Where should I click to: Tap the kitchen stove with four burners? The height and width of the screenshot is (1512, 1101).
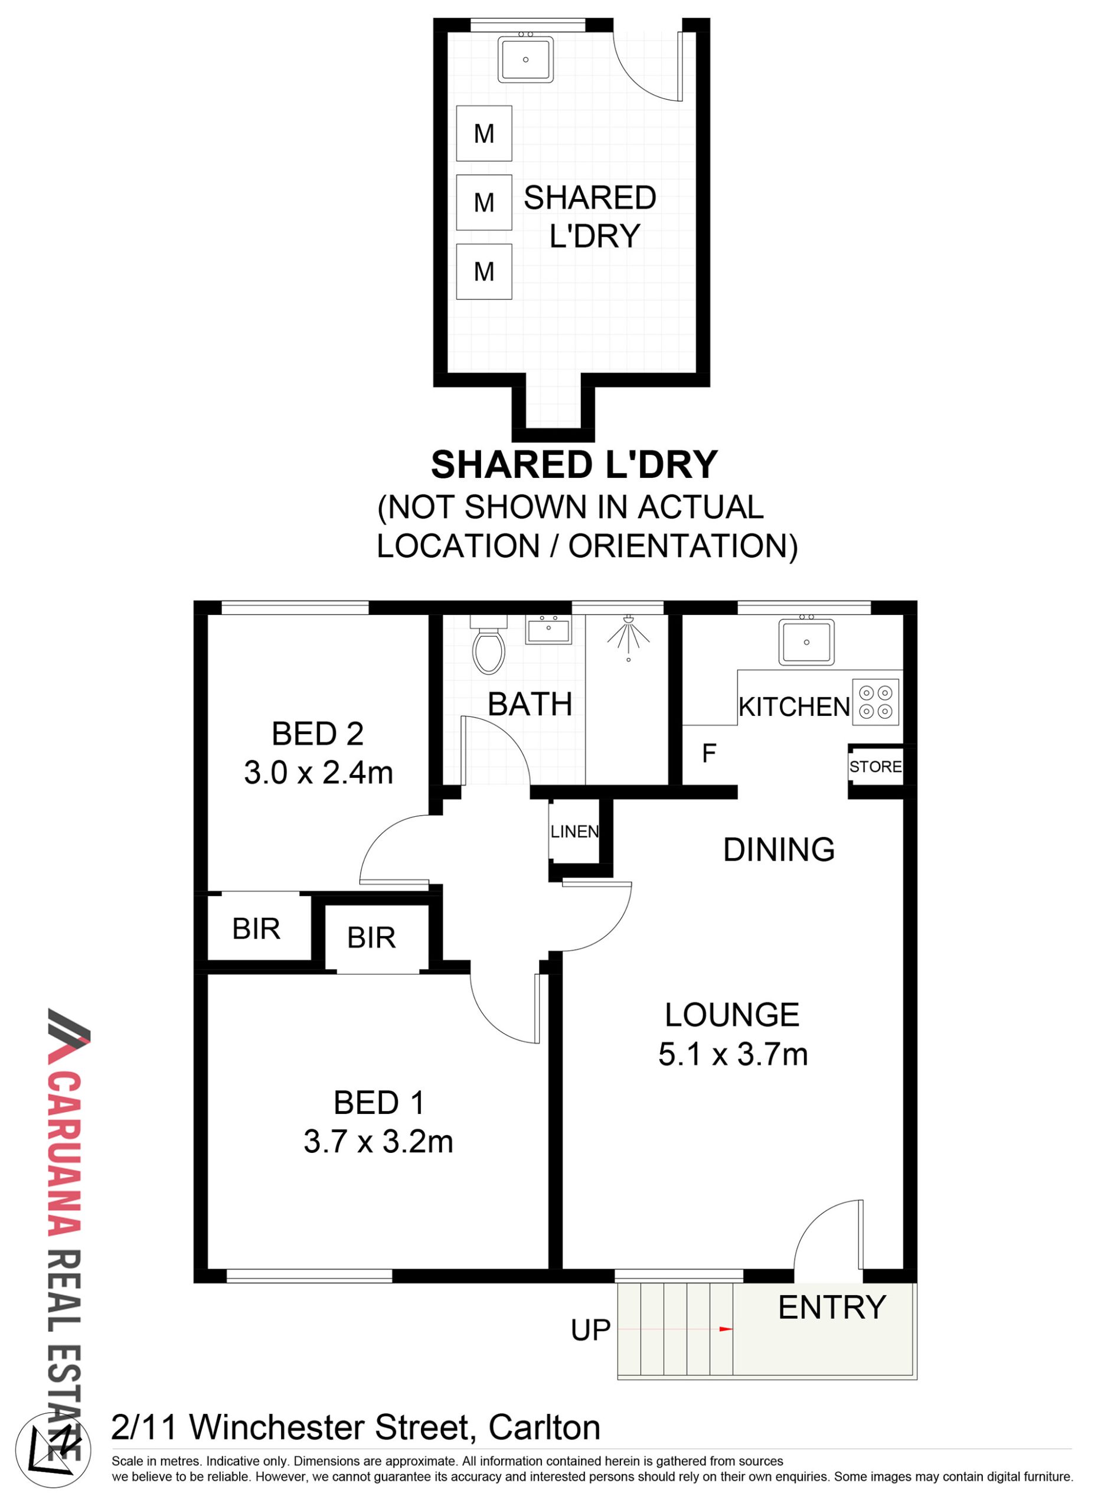tap(875, 701)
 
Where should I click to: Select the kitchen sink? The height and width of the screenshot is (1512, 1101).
tap(806, 641)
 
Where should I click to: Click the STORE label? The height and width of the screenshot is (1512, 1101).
tap(875, 767)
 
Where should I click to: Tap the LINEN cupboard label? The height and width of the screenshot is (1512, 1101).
tap(574, 832)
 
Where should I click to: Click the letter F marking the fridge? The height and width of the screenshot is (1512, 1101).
tap(708, 753)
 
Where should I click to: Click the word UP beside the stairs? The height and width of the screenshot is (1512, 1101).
tap(590, 1330)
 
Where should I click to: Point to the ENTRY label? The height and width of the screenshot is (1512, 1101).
tap(832, 1307)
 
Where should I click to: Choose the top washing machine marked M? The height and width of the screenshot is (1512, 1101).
tap(484, 133)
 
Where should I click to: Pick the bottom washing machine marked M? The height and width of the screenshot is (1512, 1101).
tap(484, 271)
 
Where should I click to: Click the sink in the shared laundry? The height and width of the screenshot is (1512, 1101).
tap(525, 58)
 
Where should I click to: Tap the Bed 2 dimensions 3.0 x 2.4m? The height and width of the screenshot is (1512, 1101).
tap(318, 773)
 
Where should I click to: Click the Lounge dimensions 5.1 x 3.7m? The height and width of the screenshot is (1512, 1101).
tap(733, 1054)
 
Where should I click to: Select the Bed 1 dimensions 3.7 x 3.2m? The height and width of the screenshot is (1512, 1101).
tap(378, 1141)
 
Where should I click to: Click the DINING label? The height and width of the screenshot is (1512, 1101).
tap(779, 849)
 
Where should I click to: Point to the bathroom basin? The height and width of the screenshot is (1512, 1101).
tap(548, 628)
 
